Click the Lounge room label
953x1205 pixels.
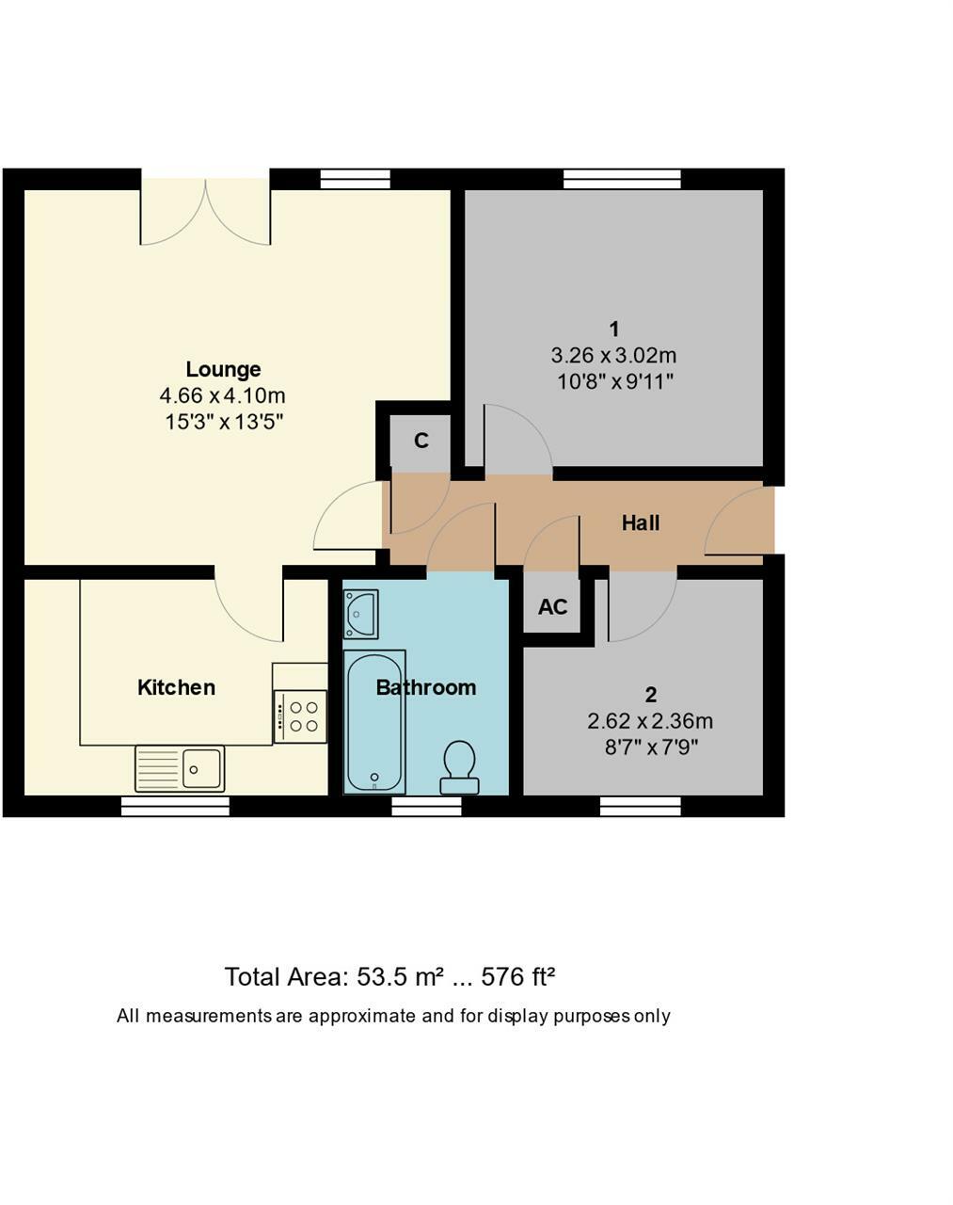pos(223,369)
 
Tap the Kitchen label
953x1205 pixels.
pos(176,687)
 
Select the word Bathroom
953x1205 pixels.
pos(425,687)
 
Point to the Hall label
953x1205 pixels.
pos(640,522)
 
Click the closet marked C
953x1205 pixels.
pos(421,441)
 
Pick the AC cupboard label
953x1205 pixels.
pos(552,607)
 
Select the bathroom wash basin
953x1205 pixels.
pos(360,614)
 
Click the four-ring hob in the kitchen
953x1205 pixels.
pos(301,716)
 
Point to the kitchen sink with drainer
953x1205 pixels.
pos(180,768)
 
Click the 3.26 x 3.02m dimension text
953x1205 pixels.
pos(613,356)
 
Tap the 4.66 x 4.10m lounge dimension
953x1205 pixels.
pos(223,395)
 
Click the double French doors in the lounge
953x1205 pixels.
pos(205,212)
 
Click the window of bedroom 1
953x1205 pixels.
pos(622,179)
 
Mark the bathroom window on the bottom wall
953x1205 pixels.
pos(426,807)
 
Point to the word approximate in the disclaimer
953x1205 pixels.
pos(361,1016)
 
